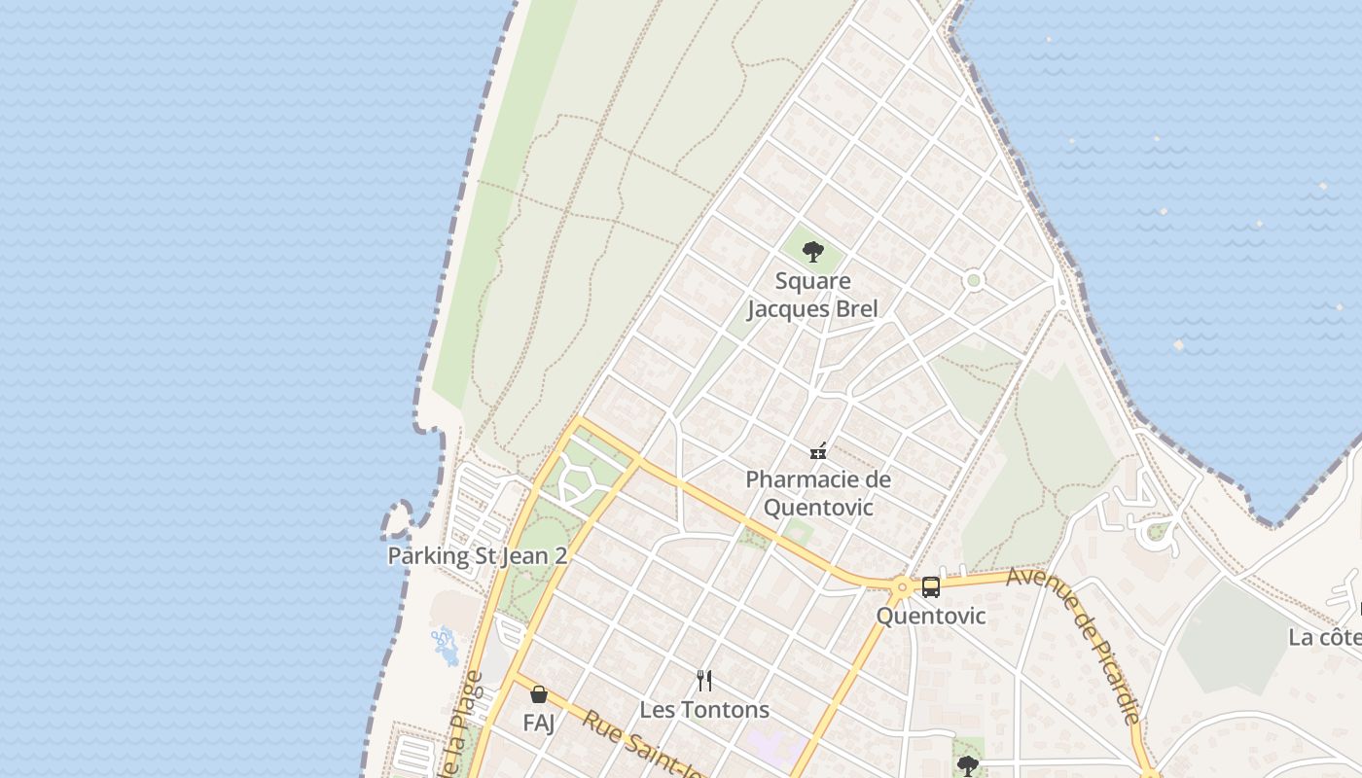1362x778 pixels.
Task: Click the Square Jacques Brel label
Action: click(x=812, y=295)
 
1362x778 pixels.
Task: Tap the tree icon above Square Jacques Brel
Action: click(x=812, y=253)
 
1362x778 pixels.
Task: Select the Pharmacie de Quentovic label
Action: click(x=818, y=493)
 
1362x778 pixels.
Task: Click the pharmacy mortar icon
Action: click(x=818, y=451)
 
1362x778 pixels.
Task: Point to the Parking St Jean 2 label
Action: click(x=477, y=556)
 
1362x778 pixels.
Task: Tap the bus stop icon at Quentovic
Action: click(x=931, y=586)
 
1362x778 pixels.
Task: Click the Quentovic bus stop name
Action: click(x=930, y=616)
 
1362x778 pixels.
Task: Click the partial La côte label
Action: click(x=1324, y=637)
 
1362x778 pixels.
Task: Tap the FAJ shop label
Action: click(x=538, y=724)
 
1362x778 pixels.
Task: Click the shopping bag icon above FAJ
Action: click(x=538, y=694)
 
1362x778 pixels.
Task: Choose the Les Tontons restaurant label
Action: click(x=705, y=710)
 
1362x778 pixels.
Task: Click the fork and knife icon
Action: click(x=705, y=681)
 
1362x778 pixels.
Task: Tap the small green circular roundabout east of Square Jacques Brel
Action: click(x=973, y=281)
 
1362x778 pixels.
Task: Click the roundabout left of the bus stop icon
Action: click(x=902, y=586)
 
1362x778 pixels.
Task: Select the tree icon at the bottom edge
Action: click(x=967, y=765)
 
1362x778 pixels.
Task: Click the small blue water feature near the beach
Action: click(x=445, y=645)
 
